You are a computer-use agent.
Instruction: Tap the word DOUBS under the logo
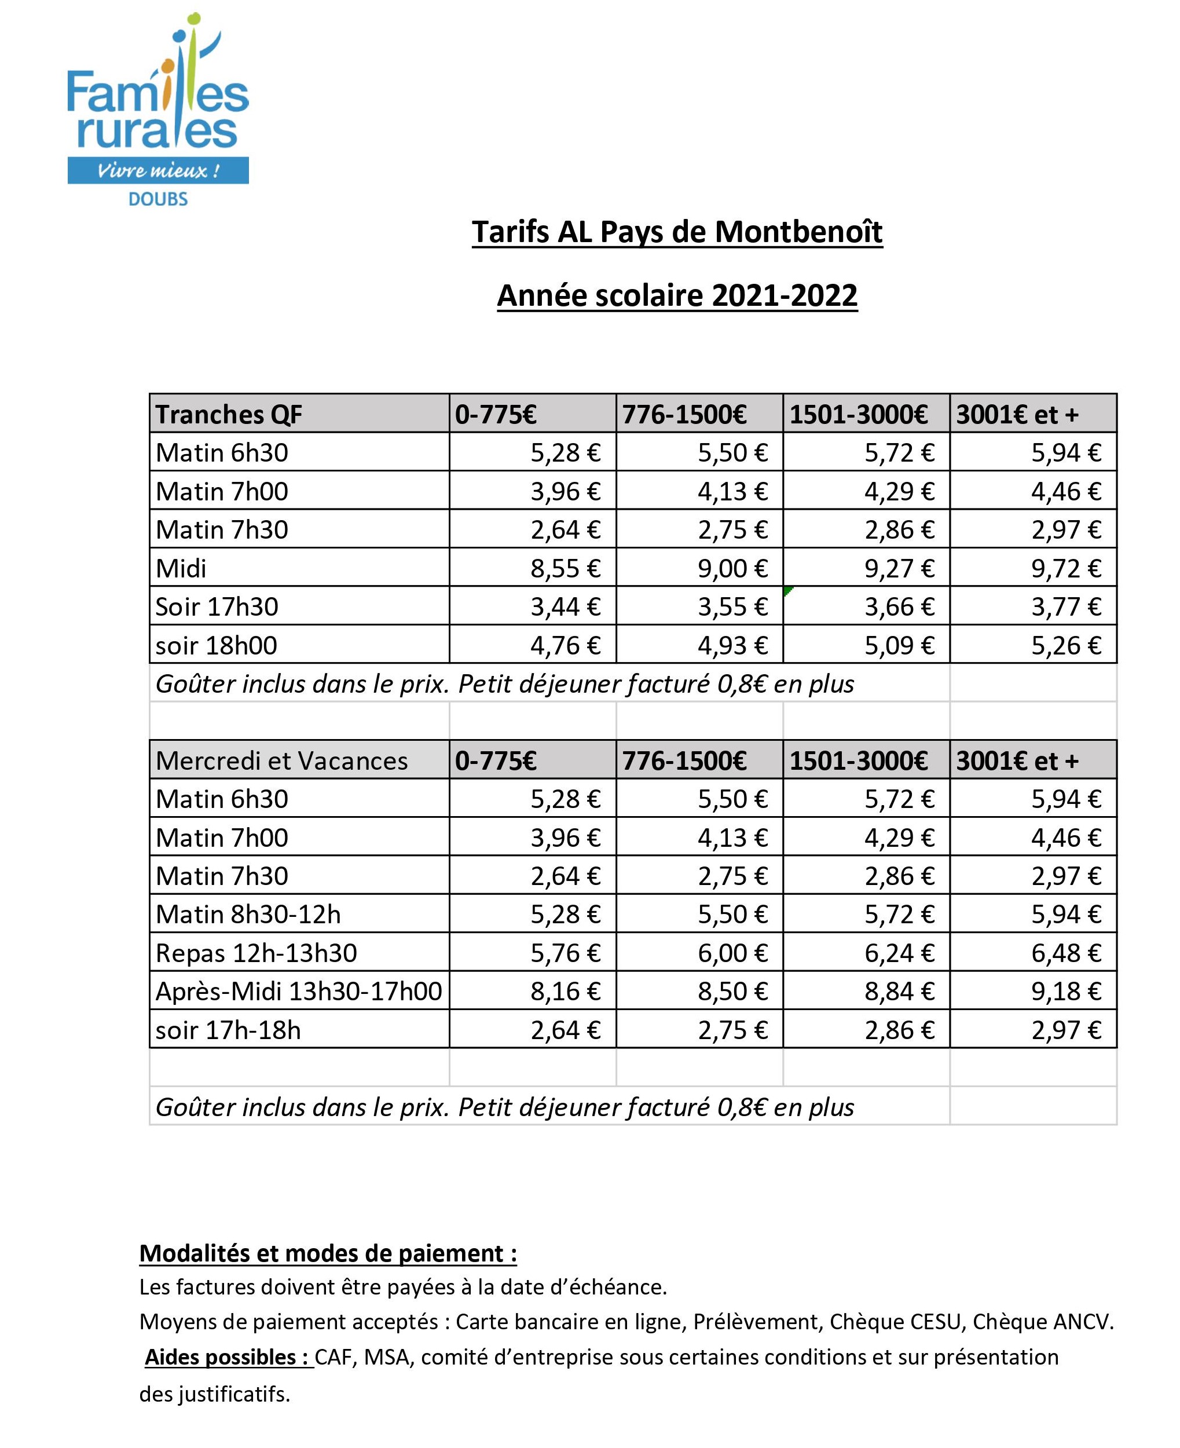(x=157, y=199)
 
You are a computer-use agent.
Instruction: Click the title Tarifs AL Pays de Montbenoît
(x=677, y=232)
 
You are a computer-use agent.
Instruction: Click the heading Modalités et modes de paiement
(x=328, y=1253)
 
